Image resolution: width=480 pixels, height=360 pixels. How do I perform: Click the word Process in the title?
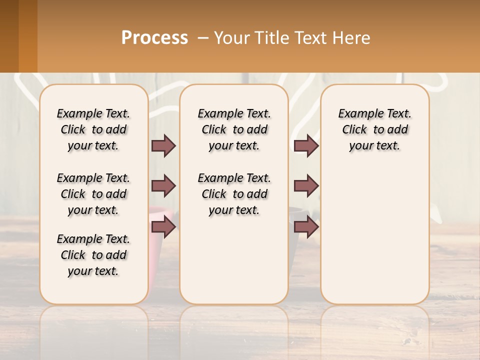(x=154, y=38)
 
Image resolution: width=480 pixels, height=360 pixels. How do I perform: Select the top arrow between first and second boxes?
(x=163, y=146)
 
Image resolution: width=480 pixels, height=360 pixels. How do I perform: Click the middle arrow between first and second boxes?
(x=163, y=186)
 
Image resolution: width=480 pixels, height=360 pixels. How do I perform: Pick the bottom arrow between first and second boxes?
(x=163, y=227)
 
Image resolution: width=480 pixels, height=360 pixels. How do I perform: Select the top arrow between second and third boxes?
(x=306, y=146)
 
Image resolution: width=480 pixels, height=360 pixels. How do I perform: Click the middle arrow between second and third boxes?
(x=306, y=186)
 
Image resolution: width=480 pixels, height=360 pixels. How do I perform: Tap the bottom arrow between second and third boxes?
(x=306, y=227)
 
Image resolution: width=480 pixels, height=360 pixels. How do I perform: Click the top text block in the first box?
(x=93, y=129)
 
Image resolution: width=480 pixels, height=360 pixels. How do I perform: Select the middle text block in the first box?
(x=93, y=194)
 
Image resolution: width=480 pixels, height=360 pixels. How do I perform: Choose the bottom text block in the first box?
(x=93, y=255)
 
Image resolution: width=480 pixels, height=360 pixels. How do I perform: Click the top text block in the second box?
(x=234, y=129)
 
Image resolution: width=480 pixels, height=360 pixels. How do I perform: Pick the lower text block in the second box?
(x=234, y=194)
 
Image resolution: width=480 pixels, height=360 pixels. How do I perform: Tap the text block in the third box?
(x=375, y=129)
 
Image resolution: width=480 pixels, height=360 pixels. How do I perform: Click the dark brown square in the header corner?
(x=9, y=36)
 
